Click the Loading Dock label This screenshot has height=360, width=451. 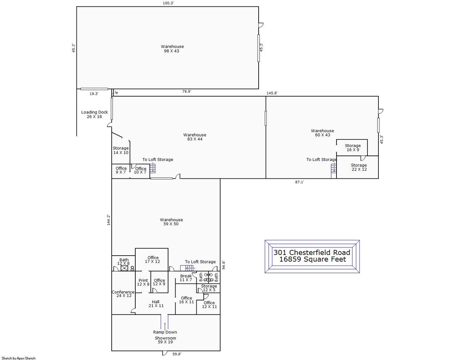click(x=94, y=114)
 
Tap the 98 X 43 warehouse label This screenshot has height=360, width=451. click(x=172, y=49)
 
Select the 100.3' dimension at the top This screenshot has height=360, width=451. click(x=168, y=3)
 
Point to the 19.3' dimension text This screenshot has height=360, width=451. click(x=94, y=94)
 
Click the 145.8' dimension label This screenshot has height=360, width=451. click(x=272, y=93)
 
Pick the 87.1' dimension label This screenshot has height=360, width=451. click(x=299, y=182)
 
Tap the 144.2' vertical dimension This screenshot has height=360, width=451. click(x=109, y=220)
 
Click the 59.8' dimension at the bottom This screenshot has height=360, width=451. click(x=177, y=354)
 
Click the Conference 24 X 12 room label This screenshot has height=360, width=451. click(x=123, y=294)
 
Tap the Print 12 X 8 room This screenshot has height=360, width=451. click(x=143, y=282)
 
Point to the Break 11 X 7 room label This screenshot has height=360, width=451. click(x=186, y=278)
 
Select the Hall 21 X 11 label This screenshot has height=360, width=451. click(x=156, y=304)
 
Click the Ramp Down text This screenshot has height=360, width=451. click(x=165, y=332)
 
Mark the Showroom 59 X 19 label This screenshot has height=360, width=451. click(x=165, y=340)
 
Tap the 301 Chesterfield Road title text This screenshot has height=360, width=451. click(x=312, y=252)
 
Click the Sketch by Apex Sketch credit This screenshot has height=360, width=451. click(x=18, y=358)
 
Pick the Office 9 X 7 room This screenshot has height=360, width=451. click(x=121, y=170)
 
